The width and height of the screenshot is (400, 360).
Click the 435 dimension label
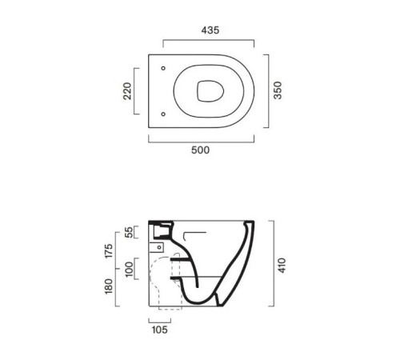click(x=210, y=30)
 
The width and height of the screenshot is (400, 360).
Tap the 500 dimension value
click(x=201, y=150)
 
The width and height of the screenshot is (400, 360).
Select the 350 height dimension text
click(x=278, y=90)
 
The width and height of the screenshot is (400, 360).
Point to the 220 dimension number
click(x=127, y=91)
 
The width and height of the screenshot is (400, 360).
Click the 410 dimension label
click(x=282, y=266)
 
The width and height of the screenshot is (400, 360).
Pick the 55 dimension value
click(x=129, y=232)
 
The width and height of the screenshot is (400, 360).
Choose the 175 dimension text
click(x=109, y=250)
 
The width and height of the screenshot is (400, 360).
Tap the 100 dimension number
click(x=129, y=270)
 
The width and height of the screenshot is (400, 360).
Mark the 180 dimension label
click(x=109, y=286)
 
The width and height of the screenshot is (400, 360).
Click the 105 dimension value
click(x=160, y=330)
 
